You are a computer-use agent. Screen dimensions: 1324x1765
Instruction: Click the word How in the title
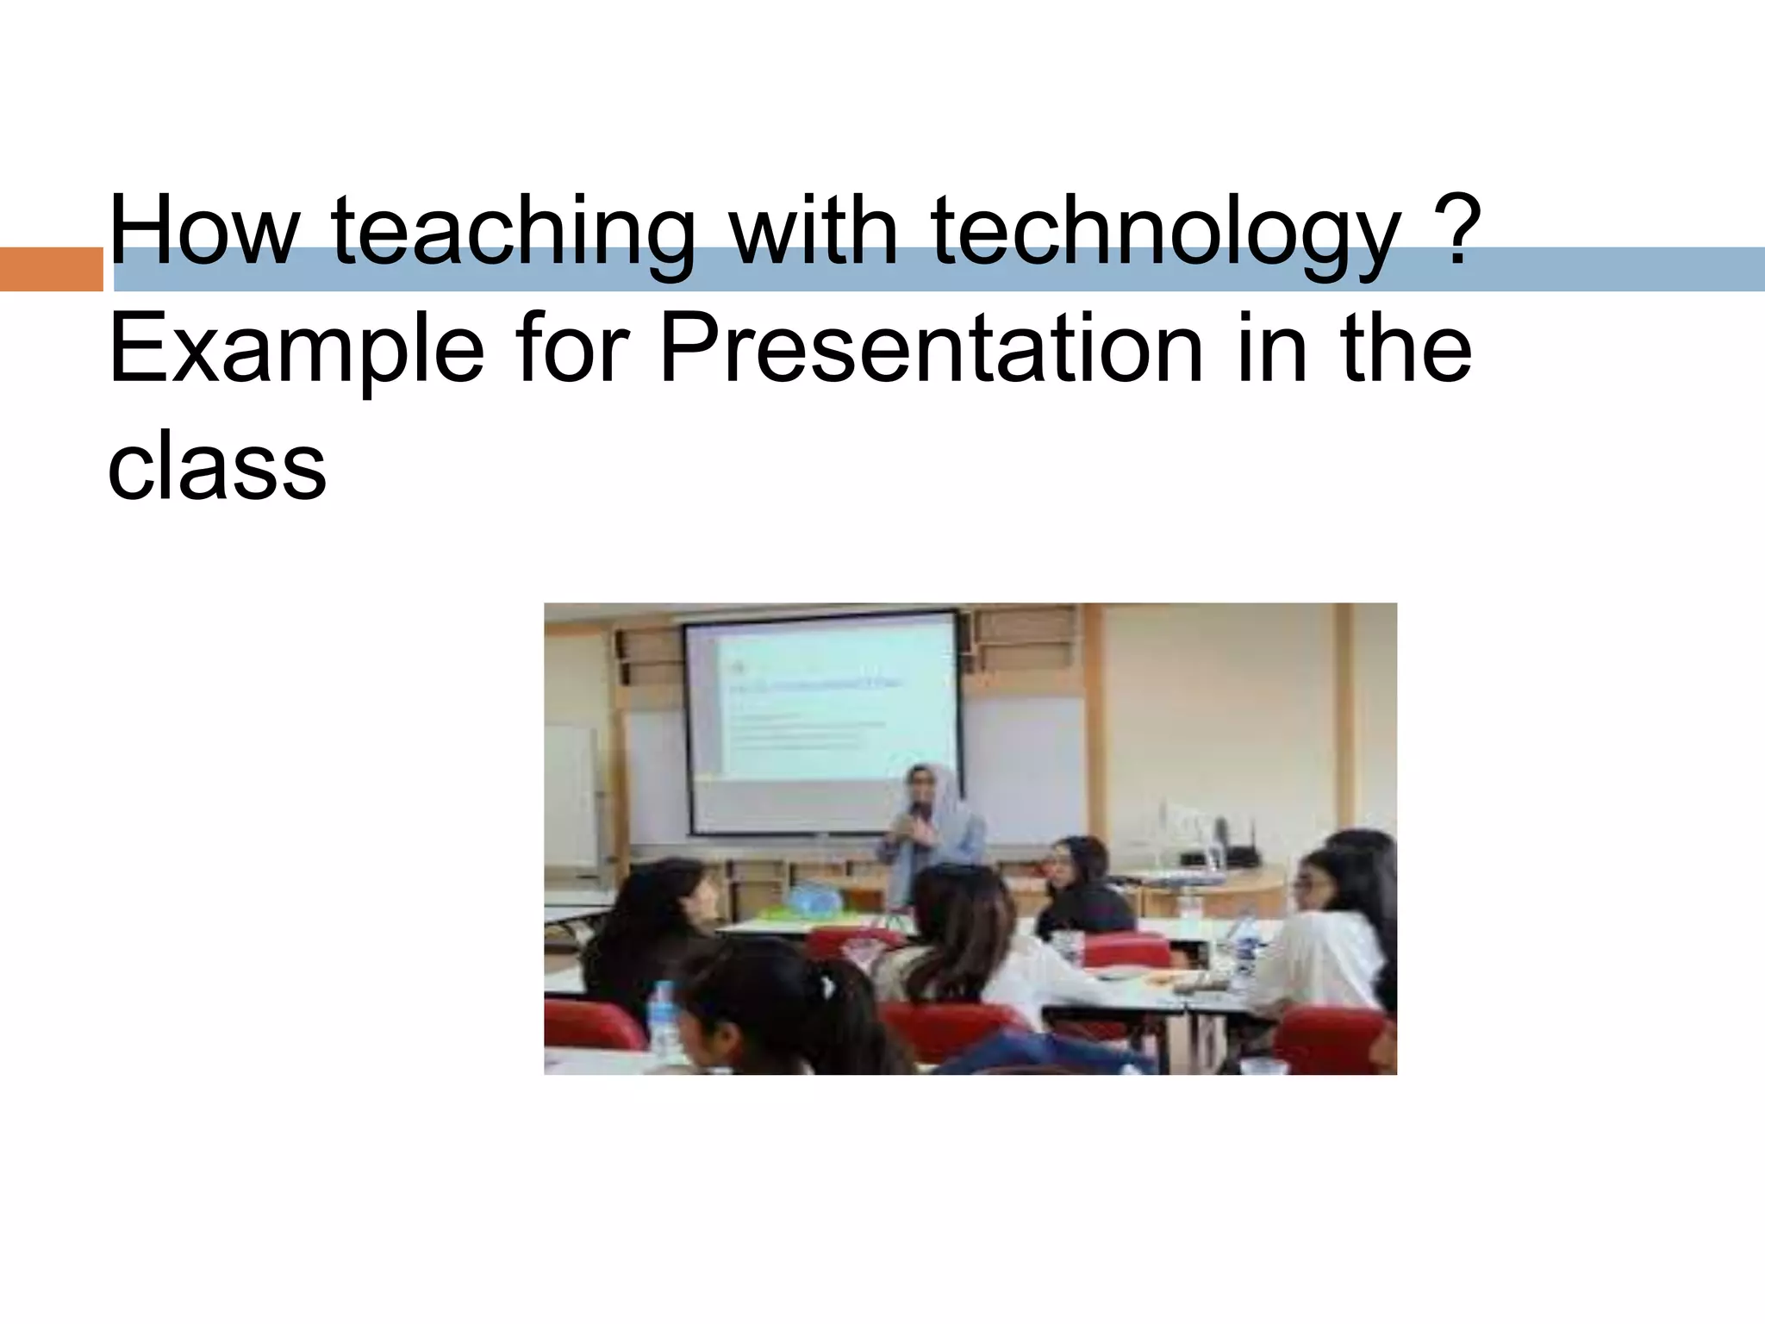click(202, 231)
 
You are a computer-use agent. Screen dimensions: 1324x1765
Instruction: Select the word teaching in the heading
click(512, 231)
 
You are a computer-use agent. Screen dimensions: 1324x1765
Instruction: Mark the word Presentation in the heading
click(931, 349)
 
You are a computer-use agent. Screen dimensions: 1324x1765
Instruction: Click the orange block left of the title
click(50, 269)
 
